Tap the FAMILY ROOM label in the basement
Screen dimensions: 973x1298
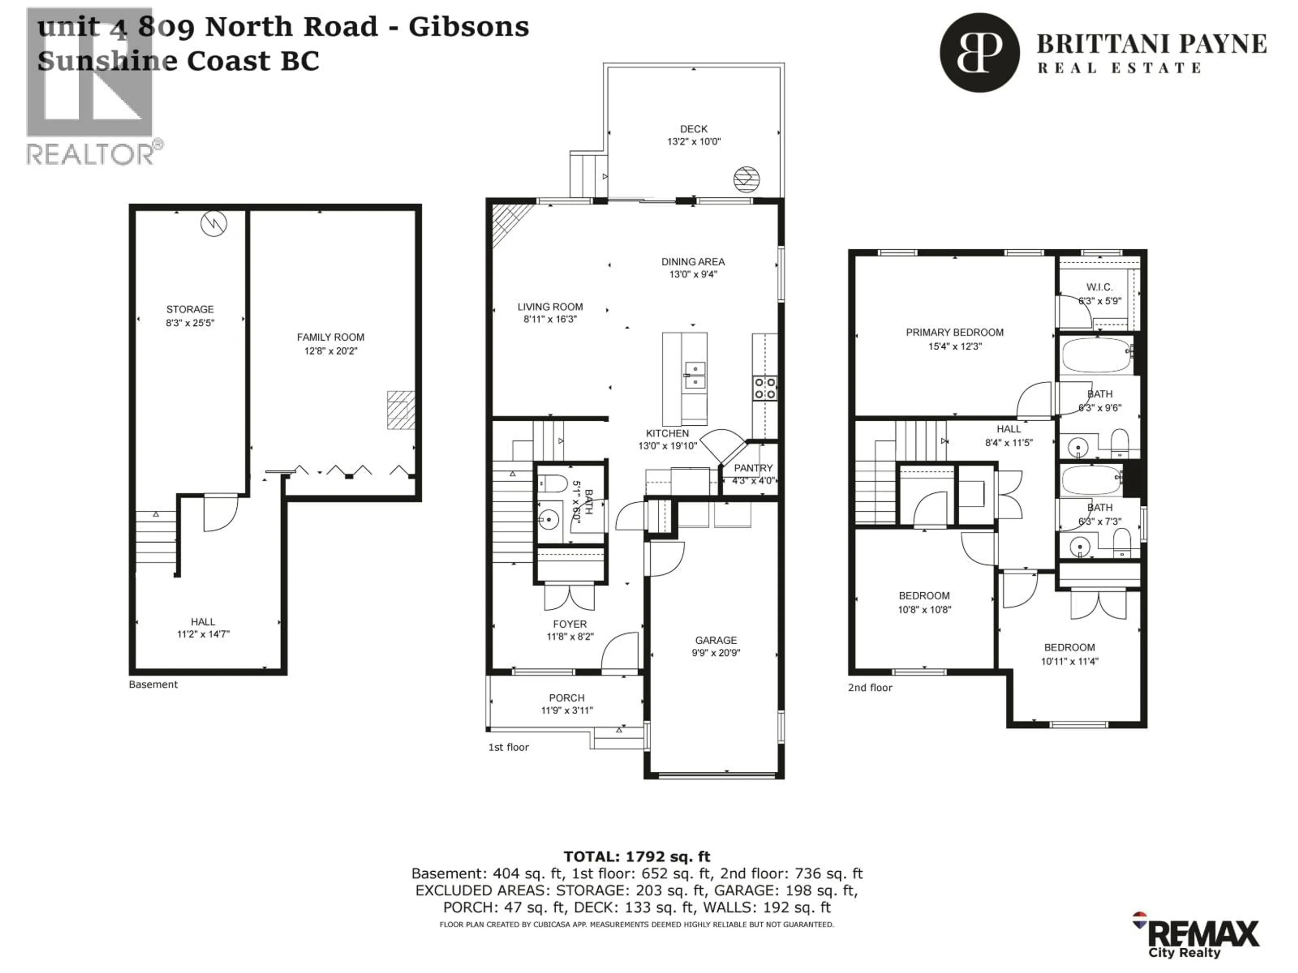(x=330, y=337)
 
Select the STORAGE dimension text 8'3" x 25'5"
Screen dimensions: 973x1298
(x=190, y=323)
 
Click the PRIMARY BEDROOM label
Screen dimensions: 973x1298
(x=954, y=332)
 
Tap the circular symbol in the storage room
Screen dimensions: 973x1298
(x=214, y=223)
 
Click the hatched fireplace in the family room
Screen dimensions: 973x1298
(x=401, y=410)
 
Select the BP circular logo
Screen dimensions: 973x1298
(x=979, y=53)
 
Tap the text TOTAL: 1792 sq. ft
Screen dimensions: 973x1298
(x=637, y=857)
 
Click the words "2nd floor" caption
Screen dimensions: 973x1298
(x=870, y=688)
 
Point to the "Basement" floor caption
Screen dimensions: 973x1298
(x=153, y=684)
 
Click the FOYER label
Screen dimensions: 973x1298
(x=569, y=624)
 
